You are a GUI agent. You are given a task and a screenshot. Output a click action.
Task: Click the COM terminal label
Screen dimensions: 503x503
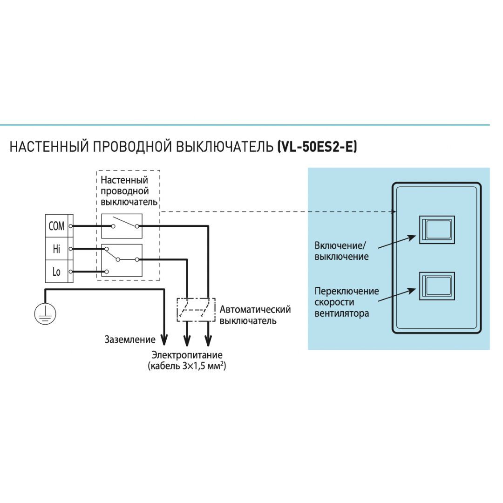coord(56,226)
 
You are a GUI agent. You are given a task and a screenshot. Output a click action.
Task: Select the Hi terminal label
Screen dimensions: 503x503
coord(56,249)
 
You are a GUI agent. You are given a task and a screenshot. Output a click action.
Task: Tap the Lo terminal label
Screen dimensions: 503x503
coord(56,272)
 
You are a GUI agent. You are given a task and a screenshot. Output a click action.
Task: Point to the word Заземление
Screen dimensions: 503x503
coord(130,339)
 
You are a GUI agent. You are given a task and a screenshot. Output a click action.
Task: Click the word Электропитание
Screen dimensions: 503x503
coord(187,355)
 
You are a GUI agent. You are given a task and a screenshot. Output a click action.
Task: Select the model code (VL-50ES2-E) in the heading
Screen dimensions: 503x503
coord(317,147)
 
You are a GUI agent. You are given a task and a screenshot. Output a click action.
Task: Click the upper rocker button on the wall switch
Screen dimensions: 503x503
coord(437,230)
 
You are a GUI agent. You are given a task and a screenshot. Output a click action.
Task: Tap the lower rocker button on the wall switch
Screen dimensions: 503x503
coord(437,285)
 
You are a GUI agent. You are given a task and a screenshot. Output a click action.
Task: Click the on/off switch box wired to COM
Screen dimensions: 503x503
coord(122,226)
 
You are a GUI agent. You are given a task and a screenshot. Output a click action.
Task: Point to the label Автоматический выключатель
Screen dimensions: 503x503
coord(255,315)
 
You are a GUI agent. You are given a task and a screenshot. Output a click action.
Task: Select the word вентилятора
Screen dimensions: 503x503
coord(341,313)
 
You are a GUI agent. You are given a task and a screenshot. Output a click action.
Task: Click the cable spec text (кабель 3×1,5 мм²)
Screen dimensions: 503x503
coord(187,366)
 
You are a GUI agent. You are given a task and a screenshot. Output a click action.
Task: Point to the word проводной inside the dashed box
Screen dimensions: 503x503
coord(124,191)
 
